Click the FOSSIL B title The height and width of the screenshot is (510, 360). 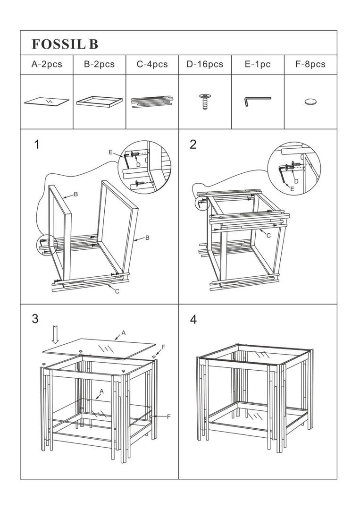tap(65, 44)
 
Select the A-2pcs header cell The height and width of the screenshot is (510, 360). tap(47, 64)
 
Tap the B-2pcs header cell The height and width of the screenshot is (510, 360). tap(99, 64)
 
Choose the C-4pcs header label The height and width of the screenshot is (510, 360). tap(152, 64)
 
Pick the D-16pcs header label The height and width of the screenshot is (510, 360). tap(205, 64)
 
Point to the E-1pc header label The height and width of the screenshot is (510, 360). tap(258, 64)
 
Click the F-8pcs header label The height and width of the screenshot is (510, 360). tap(310, 64)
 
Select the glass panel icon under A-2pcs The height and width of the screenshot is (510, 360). tap(47, 101)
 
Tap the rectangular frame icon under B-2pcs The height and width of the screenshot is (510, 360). tap(99, 102)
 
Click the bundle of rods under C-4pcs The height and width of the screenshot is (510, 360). tap(152, 102)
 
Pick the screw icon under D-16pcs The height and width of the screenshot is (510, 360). tap(205, 102)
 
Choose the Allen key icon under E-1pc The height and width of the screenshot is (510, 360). tap(257, 101)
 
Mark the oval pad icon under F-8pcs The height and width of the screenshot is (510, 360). tap(310, 102)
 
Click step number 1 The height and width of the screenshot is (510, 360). tap(37, 144)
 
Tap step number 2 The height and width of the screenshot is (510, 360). tap(193, 144)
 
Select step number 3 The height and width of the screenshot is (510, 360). tap(35, 319)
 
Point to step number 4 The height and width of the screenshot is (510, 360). tap(193, 320)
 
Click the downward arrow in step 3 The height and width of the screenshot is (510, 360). tap(56, 335)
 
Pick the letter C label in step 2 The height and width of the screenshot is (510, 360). tap(268, 235)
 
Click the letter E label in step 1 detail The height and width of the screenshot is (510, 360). tap(110, 152)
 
